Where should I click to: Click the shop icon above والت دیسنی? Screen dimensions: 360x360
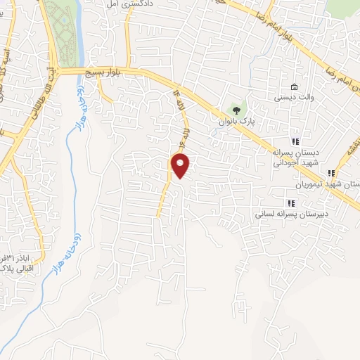tap(293, 88)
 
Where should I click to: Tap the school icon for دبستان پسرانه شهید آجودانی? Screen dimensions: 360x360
tap(295, 141)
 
